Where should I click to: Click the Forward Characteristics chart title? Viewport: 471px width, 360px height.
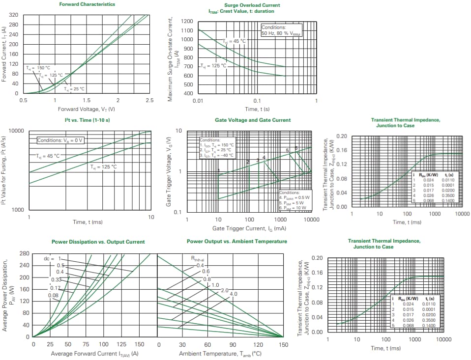87,4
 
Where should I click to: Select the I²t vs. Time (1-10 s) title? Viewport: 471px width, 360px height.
87,120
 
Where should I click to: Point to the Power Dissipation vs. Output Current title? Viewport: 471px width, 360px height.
98,242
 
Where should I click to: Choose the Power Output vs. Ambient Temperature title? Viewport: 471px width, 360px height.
237,242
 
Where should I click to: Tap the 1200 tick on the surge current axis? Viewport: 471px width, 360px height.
186,22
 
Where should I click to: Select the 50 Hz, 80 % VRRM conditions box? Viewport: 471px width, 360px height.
281,30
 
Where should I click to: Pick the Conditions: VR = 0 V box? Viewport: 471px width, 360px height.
61,140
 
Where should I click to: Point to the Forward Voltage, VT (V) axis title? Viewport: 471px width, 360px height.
86,109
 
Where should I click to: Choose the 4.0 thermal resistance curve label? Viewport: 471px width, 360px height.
234,294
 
